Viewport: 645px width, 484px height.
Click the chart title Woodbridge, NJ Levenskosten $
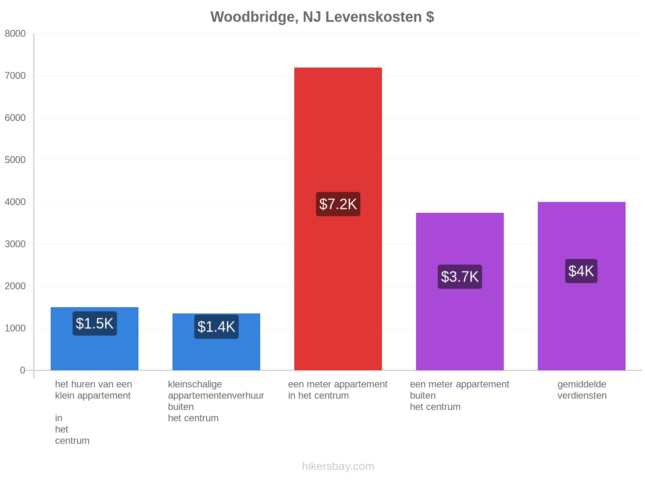[322, 17]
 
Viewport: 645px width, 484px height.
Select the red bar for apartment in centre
[338, 219]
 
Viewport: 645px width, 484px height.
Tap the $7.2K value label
[338, 204]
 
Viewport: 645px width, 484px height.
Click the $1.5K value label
[95, 323]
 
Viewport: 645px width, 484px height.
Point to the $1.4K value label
[216, 326]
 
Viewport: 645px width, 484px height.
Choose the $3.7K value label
[460, 277]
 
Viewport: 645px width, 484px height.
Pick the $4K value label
[581, 271]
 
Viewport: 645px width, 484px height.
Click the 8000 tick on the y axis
[15, 33]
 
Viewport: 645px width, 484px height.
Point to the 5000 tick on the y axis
[15, 160]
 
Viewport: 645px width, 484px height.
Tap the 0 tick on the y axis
[22, 370]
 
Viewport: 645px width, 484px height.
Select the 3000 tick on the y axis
[15, 244]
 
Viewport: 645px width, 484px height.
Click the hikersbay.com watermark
[338, 466]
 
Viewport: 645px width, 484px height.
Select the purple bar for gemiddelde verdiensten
[582, 286]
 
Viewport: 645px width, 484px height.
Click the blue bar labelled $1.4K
[216, 342]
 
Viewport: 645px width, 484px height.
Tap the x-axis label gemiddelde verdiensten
[582, 390]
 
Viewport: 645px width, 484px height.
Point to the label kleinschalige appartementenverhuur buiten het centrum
[216, 401]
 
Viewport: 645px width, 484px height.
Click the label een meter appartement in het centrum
[338, 390]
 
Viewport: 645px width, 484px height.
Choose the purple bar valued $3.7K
[460, 292]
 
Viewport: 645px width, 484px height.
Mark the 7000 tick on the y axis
[15, 76]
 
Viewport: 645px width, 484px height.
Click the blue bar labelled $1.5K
[95, 338]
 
